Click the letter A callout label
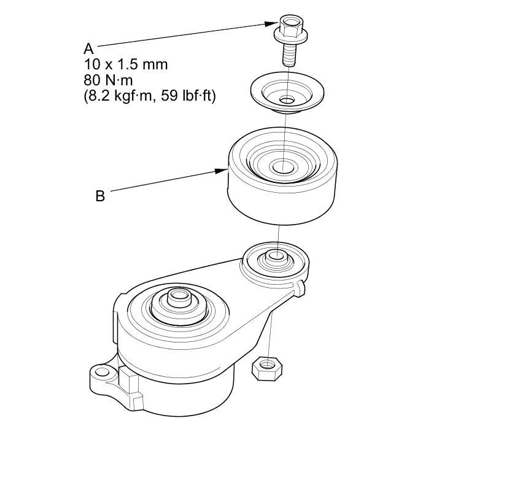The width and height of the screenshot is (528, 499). point(88,49)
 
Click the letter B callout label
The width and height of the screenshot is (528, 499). point(100,196)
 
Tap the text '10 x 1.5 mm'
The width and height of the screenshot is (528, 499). point(126,64)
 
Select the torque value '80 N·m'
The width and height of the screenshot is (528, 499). point(108,80)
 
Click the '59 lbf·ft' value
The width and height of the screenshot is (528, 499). point(187,96)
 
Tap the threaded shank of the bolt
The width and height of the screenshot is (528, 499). point(289,55)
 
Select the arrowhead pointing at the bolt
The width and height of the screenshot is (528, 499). point(272,23)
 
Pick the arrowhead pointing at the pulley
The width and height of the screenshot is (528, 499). point(222,171)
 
